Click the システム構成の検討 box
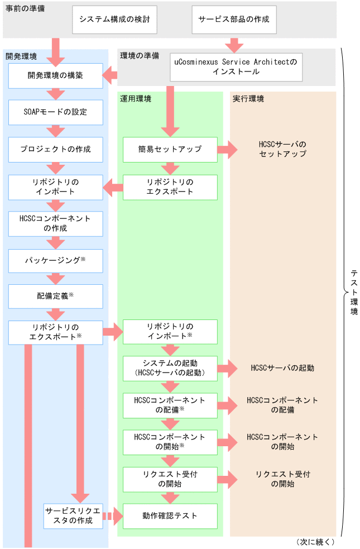114,20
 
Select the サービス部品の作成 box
234,20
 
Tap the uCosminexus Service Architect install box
236,67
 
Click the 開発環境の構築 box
56,75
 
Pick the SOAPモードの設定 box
56,112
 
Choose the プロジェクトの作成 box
56,150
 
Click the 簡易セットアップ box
170,150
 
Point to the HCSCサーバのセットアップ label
283,149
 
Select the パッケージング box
56,260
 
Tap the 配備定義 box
56,297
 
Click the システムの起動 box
170,368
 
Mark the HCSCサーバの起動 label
283,368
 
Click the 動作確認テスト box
170,516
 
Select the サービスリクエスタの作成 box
73,516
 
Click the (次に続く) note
316,542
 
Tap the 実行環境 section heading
248,99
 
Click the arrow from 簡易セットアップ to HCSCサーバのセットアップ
227,150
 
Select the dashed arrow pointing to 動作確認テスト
113,517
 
